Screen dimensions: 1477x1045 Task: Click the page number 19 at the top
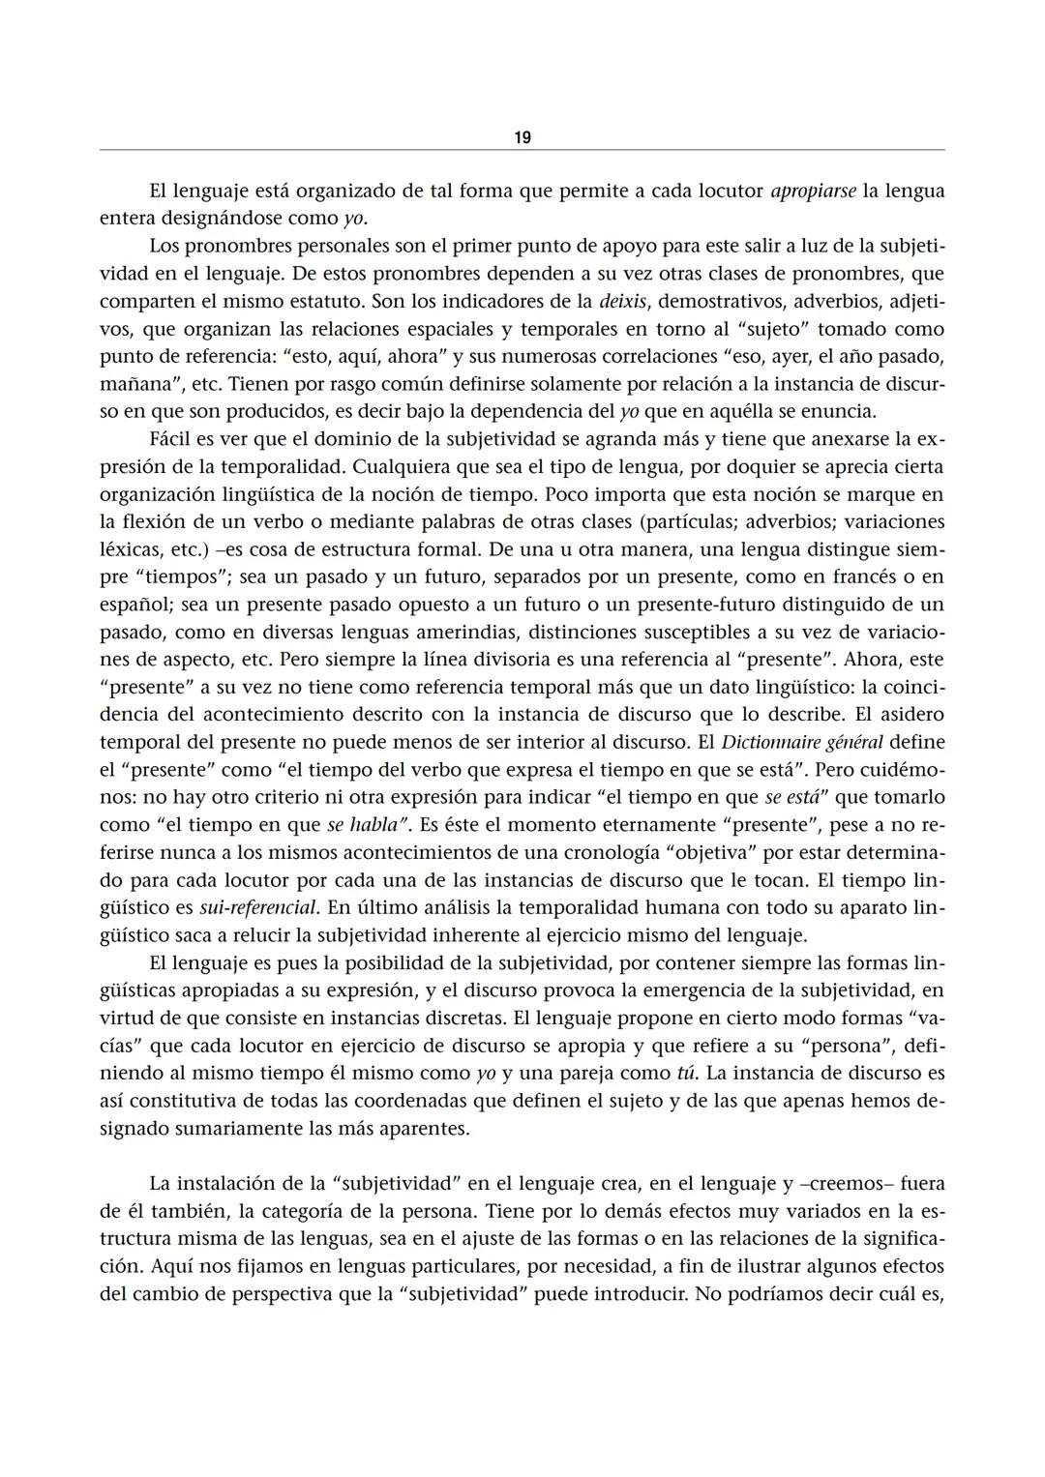522,137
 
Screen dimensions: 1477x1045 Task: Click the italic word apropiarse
813,191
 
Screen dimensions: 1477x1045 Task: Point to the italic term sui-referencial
258,908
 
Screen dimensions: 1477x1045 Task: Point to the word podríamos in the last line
781,1294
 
